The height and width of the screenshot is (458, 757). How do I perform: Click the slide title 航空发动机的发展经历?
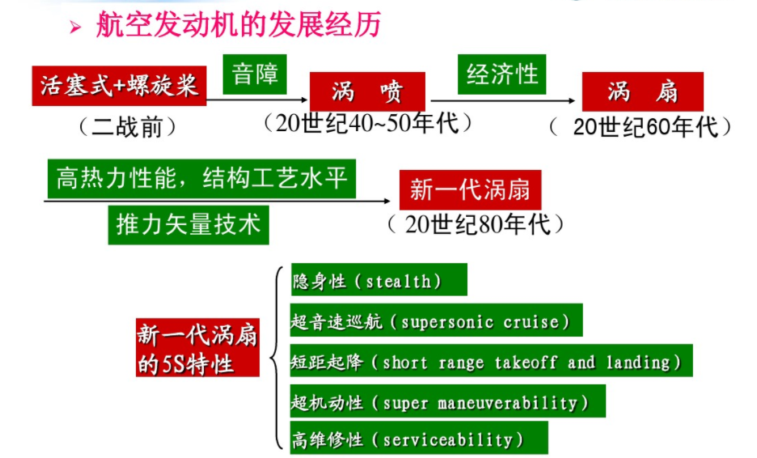[239, 23]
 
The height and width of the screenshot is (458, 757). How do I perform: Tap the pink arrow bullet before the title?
[75, 27]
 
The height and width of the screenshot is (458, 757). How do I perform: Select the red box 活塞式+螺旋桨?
[119, 86]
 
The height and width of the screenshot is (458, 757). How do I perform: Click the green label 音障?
[255, 74]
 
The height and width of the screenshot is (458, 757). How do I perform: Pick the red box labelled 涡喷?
[367, 91]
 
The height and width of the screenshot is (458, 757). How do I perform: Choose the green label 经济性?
[501, 74]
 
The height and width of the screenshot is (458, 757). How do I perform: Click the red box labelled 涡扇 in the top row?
[643, 91]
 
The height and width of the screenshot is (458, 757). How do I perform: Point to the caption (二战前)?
[127, 127]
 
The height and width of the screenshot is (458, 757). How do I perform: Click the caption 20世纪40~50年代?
[368, 123]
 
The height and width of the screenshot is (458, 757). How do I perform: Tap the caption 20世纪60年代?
[646, 127]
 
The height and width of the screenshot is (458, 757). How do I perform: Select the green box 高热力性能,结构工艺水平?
[202, 178]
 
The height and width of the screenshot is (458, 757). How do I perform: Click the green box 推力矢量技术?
[188, 225]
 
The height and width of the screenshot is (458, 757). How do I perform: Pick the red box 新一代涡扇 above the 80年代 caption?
[470, 190]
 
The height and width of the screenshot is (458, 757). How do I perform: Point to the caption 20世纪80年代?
[478, 224]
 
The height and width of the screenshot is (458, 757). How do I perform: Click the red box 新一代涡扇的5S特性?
[197, 347]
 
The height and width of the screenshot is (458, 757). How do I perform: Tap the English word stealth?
[398, 281]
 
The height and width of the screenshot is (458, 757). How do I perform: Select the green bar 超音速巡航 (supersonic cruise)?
[437, 320]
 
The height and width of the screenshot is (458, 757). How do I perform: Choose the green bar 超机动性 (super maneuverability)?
[448, 401]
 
